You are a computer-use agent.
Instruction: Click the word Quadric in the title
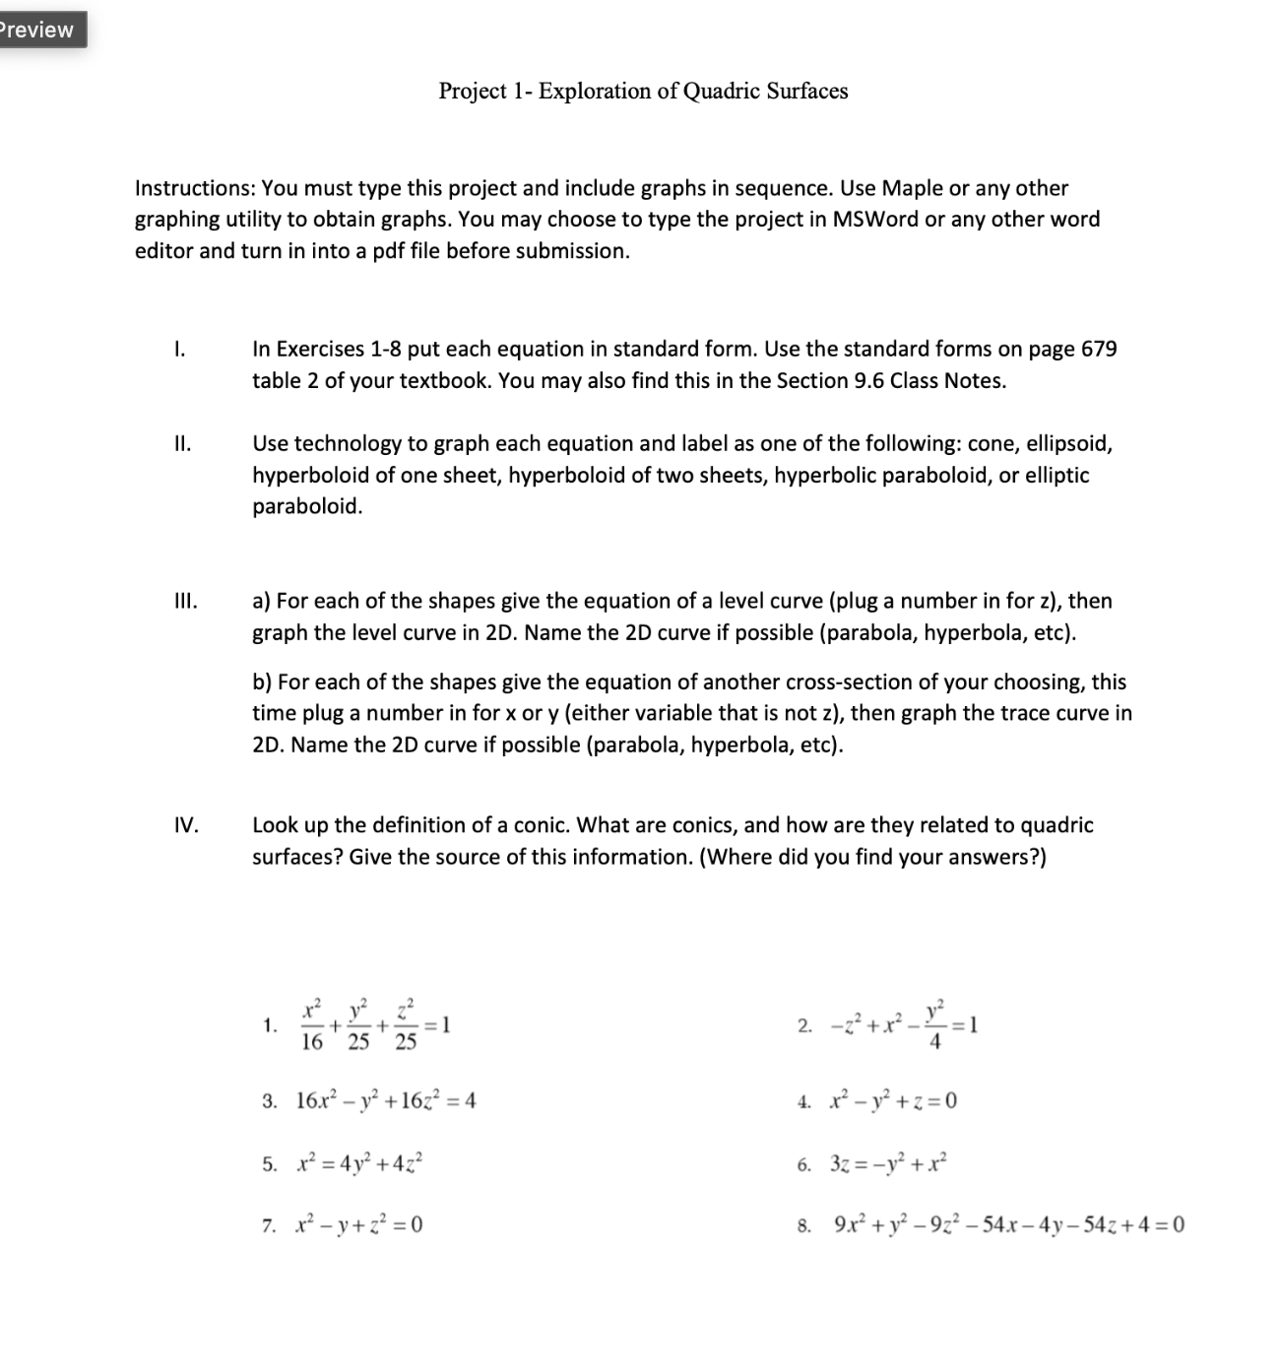722,92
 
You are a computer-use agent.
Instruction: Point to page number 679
1099,350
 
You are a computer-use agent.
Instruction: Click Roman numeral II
181,444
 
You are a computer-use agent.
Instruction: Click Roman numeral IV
185,825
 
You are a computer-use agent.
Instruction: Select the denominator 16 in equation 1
311,1043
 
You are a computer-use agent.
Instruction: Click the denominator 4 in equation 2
935,1043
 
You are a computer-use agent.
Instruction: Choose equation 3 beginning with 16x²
385,1101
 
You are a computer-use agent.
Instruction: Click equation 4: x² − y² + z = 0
891,1101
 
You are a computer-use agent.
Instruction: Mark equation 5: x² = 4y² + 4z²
360,1164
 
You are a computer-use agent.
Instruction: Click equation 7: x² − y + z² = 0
359,1226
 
